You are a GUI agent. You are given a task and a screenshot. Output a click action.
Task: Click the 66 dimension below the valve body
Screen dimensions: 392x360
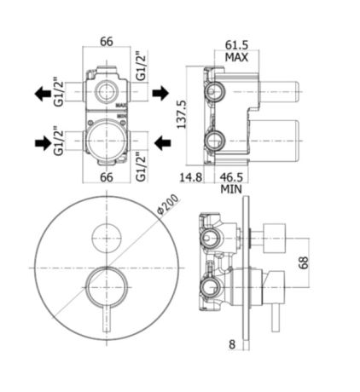tap(107, 177)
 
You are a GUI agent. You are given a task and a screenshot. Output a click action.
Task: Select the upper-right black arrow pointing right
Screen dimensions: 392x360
tap(161, 91)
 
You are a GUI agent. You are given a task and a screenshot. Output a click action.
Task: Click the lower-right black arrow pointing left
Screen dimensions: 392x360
tap(160, 141)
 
